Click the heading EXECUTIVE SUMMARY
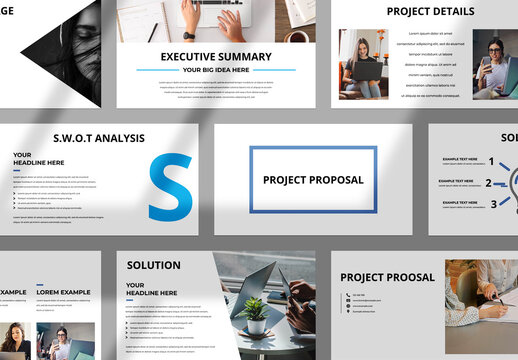pyautogui.click(x=215, y=57)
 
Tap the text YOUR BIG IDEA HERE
pyautogui.click(x=215, y=71)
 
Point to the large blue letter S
pyautogui.click(x=171, y=187)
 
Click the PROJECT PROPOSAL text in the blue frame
pyautogui.click(x=313, y=180)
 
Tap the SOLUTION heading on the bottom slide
pyautogui.click(x=154, y=265)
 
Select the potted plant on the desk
pyautogui.click(x=255, y=316)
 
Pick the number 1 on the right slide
pyautogui.click(x=491, y=162)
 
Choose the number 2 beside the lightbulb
pyautogui.click(x=488, y=183)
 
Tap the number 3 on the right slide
pyautogui.click(x=492, y=204)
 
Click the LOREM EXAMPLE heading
pyautogui.click(x=63, y=292)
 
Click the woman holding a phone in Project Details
pyautogui.click(x=495, y=62)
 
